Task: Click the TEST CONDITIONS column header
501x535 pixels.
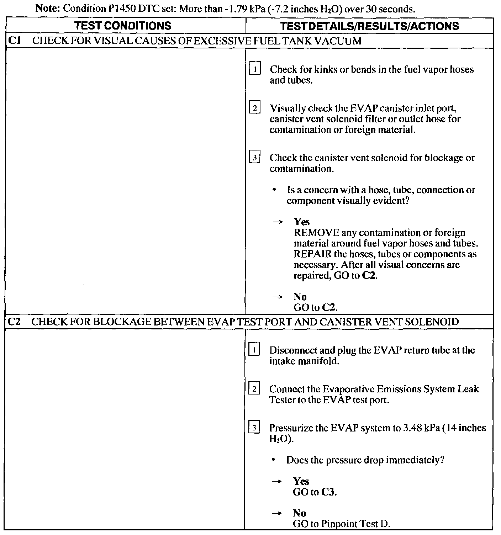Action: click(124, 26)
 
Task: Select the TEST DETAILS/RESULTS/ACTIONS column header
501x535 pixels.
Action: click(369, 26)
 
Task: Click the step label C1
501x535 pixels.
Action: click(14, 41)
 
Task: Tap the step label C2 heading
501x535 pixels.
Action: click(14, 322)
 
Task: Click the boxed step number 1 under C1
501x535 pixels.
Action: click(255, 68)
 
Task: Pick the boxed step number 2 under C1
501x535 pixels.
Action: click(255, 107)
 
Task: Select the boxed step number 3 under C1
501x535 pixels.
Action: click(255, 157)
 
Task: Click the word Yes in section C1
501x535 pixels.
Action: click(302, 222)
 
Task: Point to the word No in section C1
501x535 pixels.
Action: click(300, 297)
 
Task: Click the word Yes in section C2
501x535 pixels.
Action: click(301, 481)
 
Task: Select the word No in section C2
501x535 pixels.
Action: click(299, 513)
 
